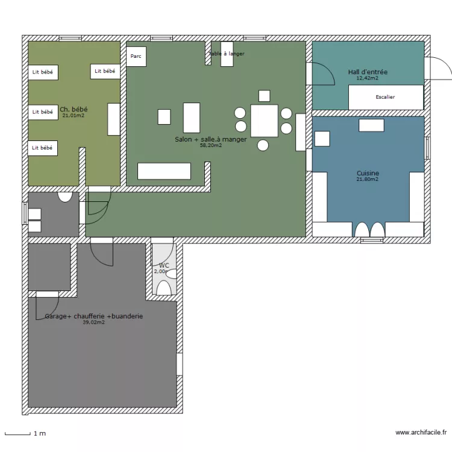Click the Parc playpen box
[136, 57]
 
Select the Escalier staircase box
[386, 97]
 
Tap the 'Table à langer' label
[227, 54]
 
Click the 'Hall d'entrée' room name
[368, 72]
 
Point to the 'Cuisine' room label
[368, 173]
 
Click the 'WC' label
[163, 265]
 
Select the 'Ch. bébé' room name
[74, 109]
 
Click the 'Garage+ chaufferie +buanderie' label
[93, 316]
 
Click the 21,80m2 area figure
[368, 179]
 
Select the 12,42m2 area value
[368, 78]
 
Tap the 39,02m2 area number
[93, 322]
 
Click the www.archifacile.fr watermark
[421, 432]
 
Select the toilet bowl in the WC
[163, 287]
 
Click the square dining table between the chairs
[264, 121]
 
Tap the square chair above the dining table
[263, 95]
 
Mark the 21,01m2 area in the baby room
[74, 115]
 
